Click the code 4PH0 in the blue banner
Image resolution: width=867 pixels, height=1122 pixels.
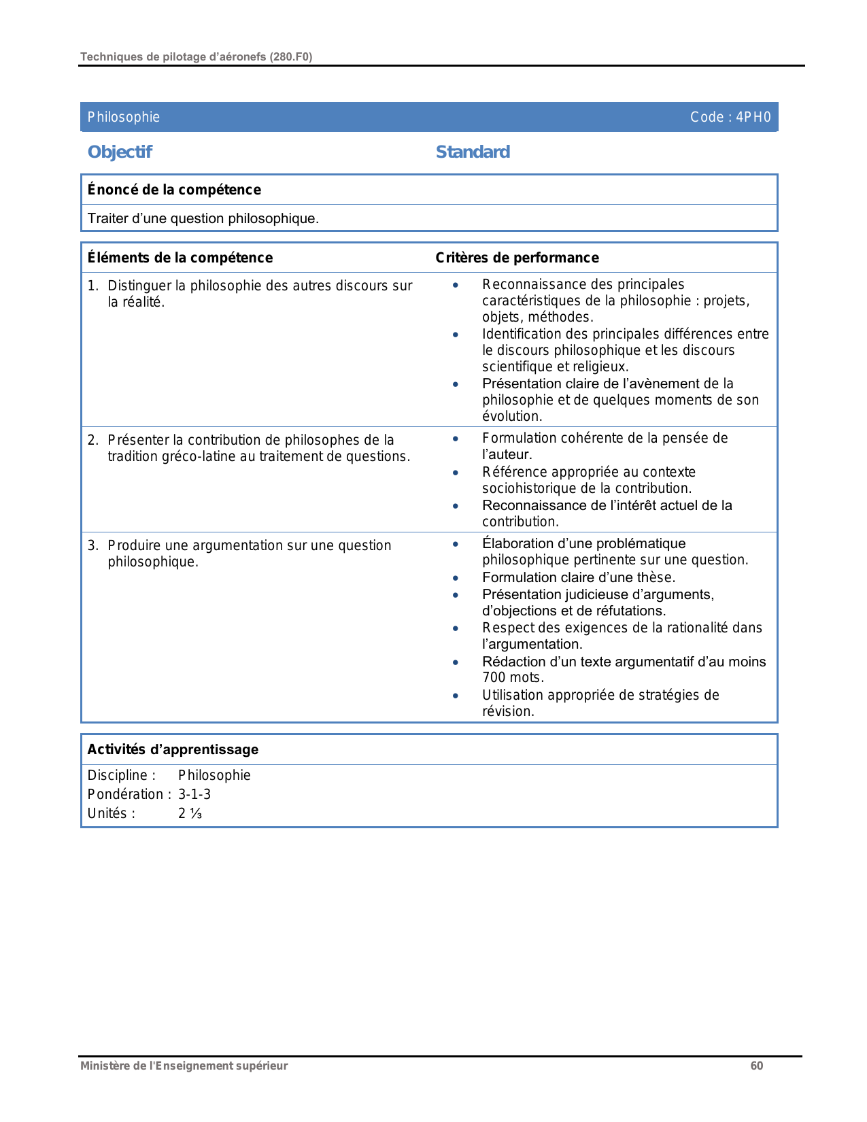tap(753, 117)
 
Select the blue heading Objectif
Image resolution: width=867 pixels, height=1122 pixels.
tap(120, 152)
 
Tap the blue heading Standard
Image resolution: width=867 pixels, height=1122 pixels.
tap(473, 152)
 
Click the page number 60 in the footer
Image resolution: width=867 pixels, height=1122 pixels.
tap(756, 1066)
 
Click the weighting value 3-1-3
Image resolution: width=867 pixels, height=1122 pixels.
tap(194, 794)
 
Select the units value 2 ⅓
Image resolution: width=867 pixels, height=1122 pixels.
tap(190, 813)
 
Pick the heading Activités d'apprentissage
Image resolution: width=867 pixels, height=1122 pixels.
tap(173, 749)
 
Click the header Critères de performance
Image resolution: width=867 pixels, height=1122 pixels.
tap(517, 258)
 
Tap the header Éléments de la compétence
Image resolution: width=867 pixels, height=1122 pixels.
tap(180, 258)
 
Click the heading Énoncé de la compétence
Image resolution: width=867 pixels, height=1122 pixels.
tap(174, 190)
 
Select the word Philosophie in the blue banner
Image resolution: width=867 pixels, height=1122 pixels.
tap(124, 117)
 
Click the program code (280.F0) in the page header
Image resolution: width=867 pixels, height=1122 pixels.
tap(291, 57)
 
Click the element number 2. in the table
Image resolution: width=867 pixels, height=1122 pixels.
tap(93, 440)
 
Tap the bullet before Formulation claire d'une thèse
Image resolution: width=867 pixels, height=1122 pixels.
tap(456, 578)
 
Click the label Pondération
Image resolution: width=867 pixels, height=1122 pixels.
tap(125, 794)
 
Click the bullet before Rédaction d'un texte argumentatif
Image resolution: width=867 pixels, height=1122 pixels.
tap(456, 662)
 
